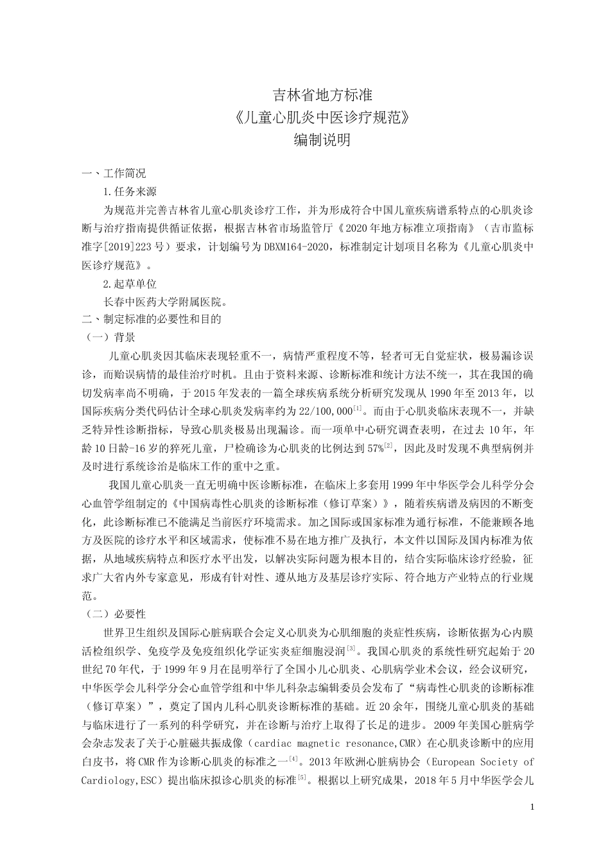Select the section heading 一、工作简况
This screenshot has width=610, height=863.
pos(113,173)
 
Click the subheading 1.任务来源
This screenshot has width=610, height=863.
pos(130,191)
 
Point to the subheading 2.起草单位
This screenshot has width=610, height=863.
pos(130,283)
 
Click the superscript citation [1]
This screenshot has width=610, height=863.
pos(358,408)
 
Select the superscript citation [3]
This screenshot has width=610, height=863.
pos(351,647)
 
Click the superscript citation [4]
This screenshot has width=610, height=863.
pos(293,759)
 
